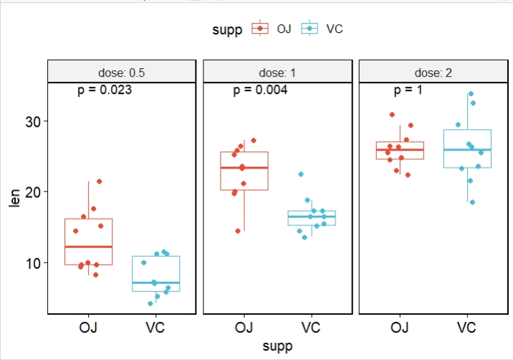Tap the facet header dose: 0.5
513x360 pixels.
click(122, 72)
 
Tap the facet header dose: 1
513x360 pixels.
click(277, 72)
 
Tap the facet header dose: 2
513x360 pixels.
click(433, 72)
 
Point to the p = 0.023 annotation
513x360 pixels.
click(105, 90)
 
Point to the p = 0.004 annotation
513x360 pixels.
click(261, 90)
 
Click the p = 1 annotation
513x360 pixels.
click(408, 90)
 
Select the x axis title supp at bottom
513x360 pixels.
click(277, 346)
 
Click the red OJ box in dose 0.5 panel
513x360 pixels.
click(88, 242)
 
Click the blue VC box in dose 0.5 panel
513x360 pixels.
click(155, 273)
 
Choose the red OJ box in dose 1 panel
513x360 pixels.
click(244, 171)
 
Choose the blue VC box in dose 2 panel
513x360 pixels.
click(467, 148)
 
